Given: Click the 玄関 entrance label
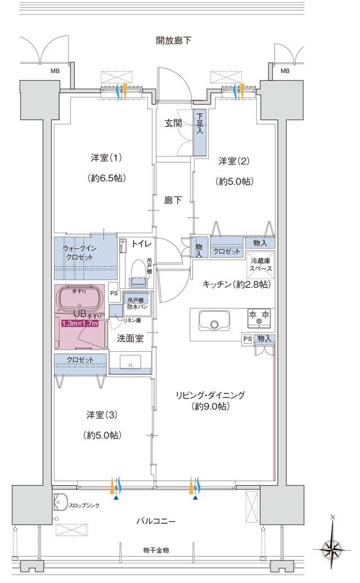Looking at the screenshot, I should click(x=173, y=123).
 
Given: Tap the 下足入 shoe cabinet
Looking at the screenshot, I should click(x=200, y=133).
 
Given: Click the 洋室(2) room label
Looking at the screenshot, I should click(x=233, y=161).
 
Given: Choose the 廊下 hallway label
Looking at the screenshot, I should click(x=173, y=200).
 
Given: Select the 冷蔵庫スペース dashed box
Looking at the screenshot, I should click(x=260, y=264).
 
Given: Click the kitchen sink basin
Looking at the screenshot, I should click(x=214, y=324).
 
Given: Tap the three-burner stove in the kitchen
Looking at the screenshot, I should click(x=259, y=317).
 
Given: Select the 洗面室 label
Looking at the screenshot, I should click(x=130, y=338).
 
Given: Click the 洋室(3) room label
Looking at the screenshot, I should click(x=102, y=414).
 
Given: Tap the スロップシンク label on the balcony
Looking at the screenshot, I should click(x=85, y=505).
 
